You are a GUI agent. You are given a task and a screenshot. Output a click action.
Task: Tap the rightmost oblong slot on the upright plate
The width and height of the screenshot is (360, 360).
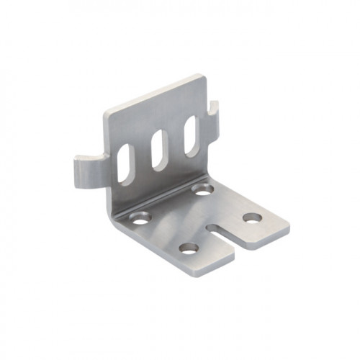pos(192,135)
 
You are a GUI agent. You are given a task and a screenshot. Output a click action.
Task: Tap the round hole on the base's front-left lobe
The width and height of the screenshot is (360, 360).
pos(189,248)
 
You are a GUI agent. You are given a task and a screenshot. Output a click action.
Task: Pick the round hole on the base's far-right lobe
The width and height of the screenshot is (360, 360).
pos(251,217)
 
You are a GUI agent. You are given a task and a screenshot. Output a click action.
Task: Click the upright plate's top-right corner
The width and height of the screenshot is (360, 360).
pos(204,76)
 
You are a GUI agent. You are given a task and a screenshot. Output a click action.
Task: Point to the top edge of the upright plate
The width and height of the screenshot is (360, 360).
pos(155,92)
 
